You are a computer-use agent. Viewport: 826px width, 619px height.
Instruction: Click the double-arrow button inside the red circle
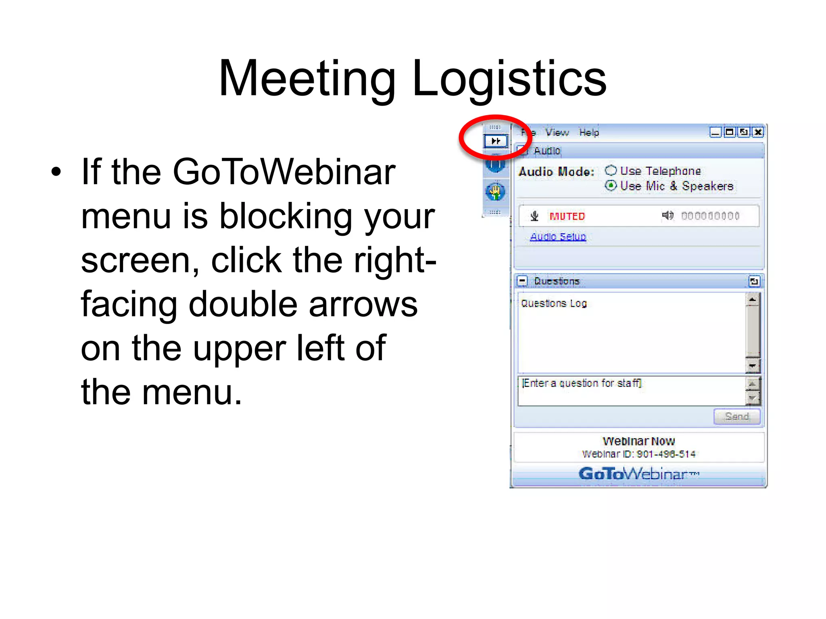[x=496, y=141]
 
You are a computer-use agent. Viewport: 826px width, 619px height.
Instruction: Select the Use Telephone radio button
[x=611, y=170]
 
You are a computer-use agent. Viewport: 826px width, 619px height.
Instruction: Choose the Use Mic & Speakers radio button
[x=611, y=185]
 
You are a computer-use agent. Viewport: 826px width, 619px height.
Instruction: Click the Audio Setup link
[x=558, y=237]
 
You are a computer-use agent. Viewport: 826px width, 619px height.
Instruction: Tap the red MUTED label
[x=567, y=216]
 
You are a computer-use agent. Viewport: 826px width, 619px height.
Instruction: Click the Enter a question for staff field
[x=631, y=390]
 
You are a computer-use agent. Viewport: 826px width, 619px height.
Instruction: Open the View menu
[x=557, y=133]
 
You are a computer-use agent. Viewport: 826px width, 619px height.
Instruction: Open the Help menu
[x=589, y=133]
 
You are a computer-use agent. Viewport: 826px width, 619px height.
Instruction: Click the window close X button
[x=758, y=132]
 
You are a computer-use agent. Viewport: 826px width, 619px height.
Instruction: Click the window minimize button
[x=715, y=132]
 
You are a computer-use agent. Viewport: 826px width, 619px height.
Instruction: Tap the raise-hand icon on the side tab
[x=495, y=191]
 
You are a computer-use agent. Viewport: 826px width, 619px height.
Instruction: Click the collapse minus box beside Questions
[x=522, y=280]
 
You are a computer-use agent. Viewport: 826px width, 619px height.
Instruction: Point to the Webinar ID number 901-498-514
[x=666, y=454]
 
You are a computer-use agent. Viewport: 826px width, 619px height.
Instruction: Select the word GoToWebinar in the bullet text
[x=284, y=172]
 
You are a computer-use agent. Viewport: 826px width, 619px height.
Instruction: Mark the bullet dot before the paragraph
[x=56, y=172]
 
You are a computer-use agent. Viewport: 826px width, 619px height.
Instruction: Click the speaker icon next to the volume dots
[x=667, y=216]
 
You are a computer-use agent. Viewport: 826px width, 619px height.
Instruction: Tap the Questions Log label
[x=554, y=303]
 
